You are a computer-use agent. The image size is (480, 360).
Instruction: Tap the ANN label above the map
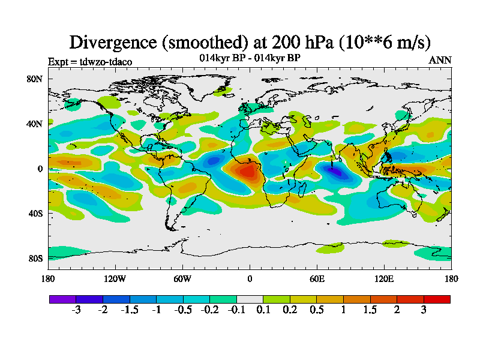tap(440, 60)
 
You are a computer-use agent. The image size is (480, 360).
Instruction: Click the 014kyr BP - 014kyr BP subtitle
tap(250, 58)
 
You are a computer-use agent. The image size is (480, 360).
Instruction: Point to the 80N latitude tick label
tap(34, 79)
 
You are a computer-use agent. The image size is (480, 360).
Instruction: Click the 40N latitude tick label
tap(34, 124)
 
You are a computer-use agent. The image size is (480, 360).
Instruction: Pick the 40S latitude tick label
tap(34, 213)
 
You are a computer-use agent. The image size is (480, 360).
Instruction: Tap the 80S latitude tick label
tap(34, 258)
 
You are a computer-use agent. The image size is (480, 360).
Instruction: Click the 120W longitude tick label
tap(115, 278)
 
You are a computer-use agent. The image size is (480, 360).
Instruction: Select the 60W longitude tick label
tap(182, 278)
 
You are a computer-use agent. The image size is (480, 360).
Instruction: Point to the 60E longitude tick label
tap(317, 278)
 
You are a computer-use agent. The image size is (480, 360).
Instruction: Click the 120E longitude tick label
tap(384, 278)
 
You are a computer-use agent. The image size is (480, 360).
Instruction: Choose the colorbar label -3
tap(76, 310)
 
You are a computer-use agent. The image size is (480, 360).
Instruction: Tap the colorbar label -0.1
tap(236, 310)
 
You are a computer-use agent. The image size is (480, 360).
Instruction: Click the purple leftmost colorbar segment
tap(62, 299)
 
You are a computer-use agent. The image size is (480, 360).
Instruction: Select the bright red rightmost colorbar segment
tap(437, 299)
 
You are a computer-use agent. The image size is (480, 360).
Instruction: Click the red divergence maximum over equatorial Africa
tap(247, 172)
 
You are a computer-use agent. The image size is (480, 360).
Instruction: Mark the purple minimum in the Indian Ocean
tap(334, 172)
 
